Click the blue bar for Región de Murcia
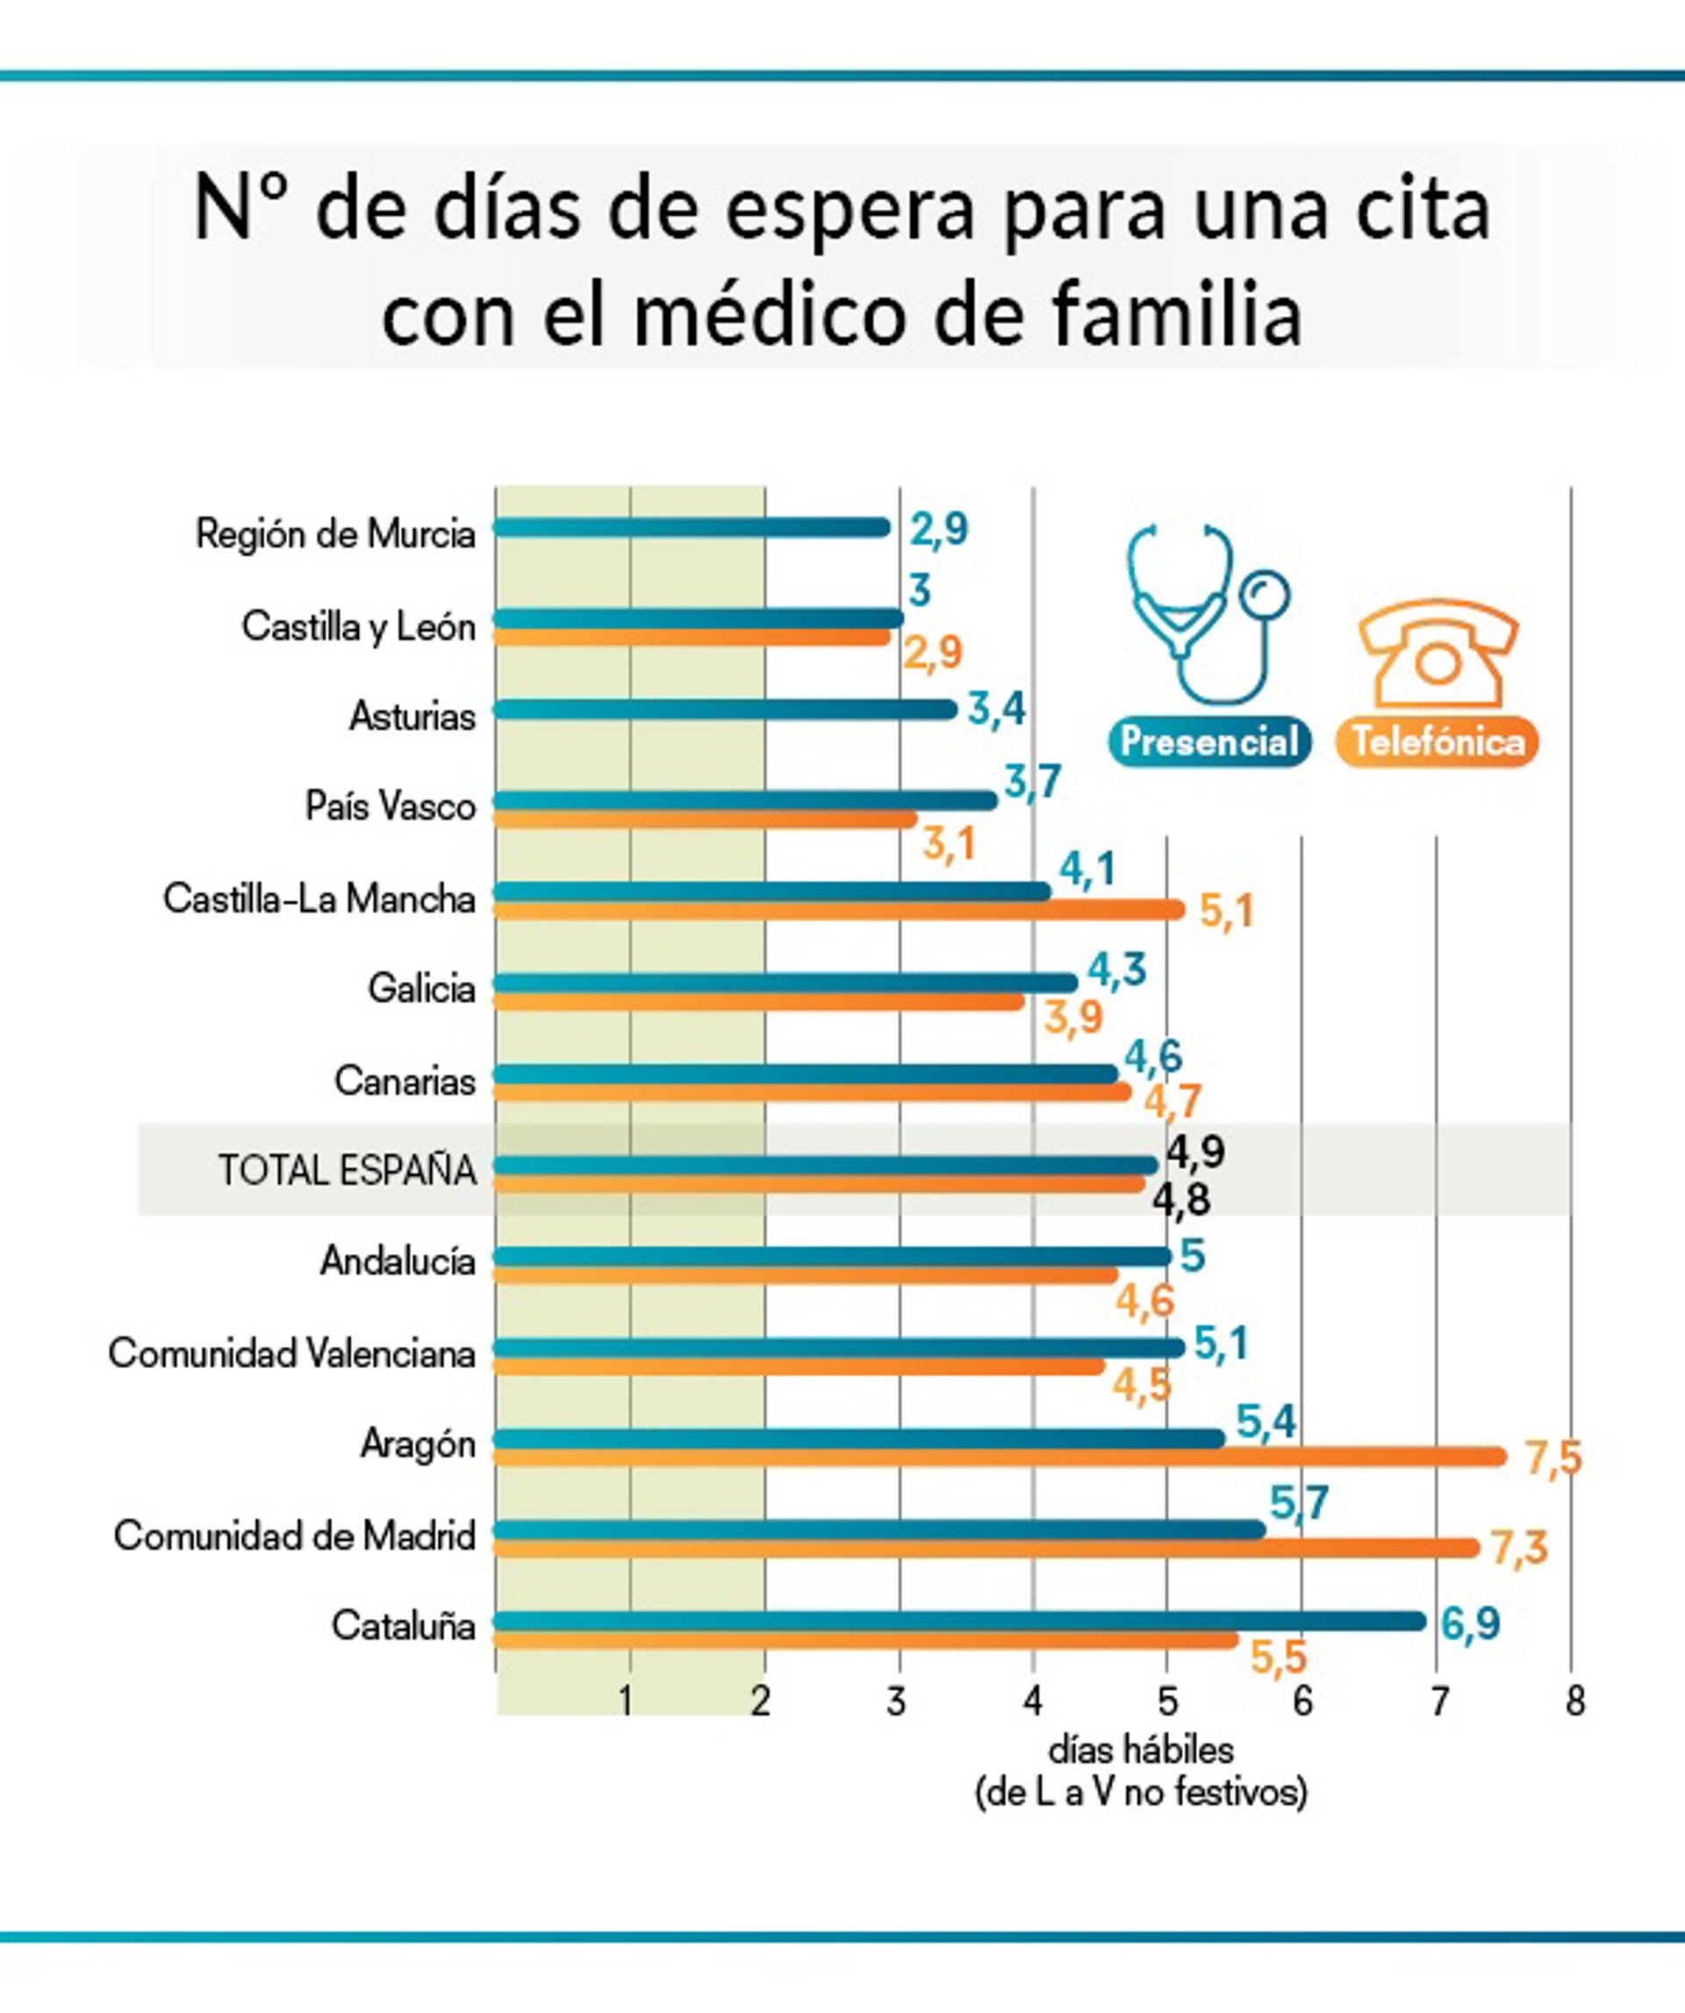[690, 527]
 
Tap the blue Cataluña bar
[958, 1620]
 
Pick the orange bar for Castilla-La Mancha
[839, 910]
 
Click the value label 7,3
[1519, 1547]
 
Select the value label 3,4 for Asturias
[997, 709]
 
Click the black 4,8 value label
[1181, 1200]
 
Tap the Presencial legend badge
[1208, 741]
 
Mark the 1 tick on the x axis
[626, 1701]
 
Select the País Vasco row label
[391, 806]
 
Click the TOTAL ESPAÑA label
[347, 1171]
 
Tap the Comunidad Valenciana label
[291, 1353]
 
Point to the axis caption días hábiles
[1141, 1751]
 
